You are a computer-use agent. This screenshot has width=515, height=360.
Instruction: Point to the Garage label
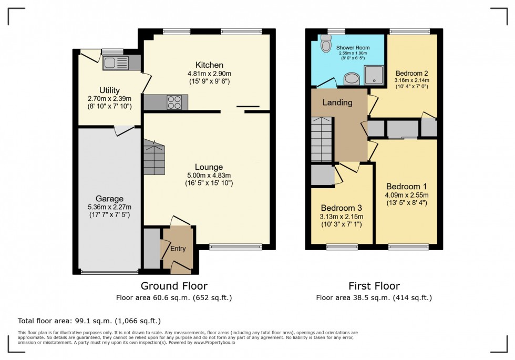(x=109, y=198)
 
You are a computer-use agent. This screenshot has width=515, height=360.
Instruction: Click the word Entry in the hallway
(x=178, y=249)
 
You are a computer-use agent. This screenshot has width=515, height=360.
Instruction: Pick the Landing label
(x=337, y=102)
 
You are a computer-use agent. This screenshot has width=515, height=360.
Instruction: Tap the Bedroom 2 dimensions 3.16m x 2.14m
(x=412, y=80)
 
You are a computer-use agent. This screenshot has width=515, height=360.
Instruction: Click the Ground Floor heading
(x=173, y=286)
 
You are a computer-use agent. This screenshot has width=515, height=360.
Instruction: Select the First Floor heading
(x=374, y=286)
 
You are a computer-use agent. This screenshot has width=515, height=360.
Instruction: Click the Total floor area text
(x=89, y=321)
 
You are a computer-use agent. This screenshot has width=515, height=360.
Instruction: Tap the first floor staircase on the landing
(x=322, y=139)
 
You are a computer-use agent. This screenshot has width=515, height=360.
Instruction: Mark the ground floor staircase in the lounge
(x=153, y=158)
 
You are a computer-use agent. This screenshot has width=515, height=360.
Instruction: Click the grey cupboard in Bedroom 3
(x=322, y=176)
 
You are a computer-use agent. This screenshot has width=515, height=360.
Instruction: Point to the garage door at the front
(x=109, y=272)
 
